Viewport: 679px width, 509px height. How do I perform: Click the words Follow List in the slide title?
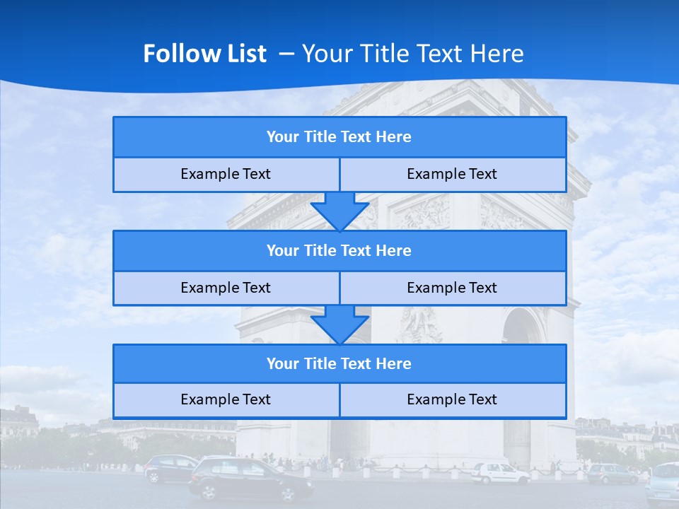click(205, 54)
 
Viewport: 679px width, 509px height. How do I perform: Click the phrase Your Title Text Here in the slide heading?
click(413, 54)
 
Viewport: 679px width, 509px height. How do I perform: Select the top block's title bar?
click(339, 137)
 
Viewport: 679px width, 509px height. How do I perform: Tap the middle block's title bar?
click(339, 251)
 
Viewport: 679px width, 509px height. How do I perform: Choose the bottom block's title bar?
click(339, 364)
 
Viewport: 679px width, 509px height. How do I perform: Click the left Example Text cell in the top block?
click(226, 175)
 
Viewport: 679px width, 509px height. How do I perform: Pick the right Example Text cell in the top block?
click(453, 175)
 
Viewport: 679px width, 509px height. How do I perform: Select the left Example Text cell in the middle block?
click(226, 288)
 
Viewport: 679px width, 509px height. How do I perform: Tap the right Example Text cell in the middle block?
click(453, 288)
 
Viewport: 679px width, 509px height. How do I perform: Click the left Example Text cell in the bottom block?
click(226, 400)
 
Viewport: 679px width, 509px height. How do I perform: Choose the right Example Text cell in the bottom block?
click(453, 400)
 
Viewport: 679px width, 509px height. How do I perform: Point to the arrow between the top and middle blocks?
click(339, 211)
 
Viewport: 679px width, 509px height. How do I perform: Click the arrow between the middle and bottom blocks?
click(339, 324)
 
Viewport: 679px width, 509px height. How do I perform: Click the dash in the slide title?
click(287, 54)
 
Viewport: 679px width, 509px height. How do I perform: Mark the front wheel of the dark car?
click(298, 492)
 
